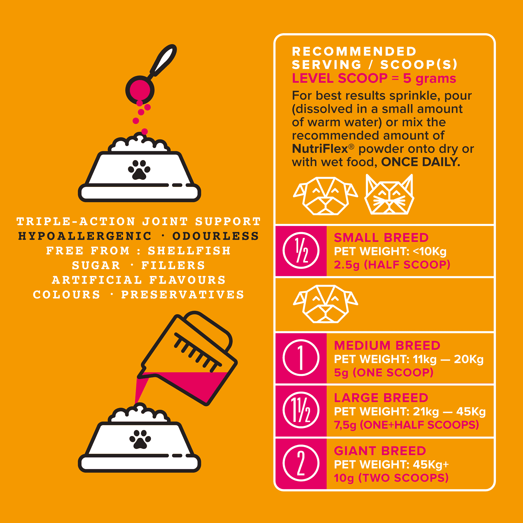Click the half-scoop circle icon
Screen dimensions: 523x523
pyautogui.click(x=301, y=251)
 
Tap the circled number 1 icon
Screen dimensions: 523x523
pyautogui.click(x=301, y=358)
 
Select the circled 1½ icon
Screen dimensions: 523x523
pyautogui.click(x=301, y=410)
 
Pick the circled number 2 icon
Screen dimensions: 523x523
pyautogui.click(x=301, y=463)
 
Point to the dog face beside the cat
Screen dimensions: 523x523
pyautogui.click(x=325, y=196)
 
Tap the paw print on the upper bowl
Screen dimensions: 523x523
pyautogui.click(x=139, y=170)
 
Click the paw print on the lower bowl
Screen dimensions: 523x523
pyautogui.click(x=140, y=439)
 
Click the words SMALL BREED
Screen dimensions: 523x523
pyautogui.click(x=381, y=237)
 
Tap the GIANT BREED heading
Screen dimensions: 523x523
pyautogui.click(x=380, y=451)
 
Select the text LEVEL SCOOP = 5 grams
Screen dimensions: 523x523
pyautogui.click(x=374, y=78)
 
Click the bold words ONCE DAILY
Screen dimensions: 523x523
pyautogui.click(x=421, y=162)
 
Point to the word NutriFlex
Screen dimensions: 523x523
pyautogui.click(x=320, y=149)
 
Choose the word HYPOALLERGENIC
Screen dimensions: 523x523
pyautogui.click(x=85, y=236)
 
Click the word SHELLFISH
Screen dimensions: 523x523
pyautogui.click(x=189, y=251)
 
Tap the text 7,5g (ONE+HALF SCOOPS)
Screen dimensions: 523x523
pyautogui.click(x=406, y=425)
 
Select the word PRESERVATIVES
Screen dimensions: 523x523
pyautogui.click(x=183, y=294)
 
